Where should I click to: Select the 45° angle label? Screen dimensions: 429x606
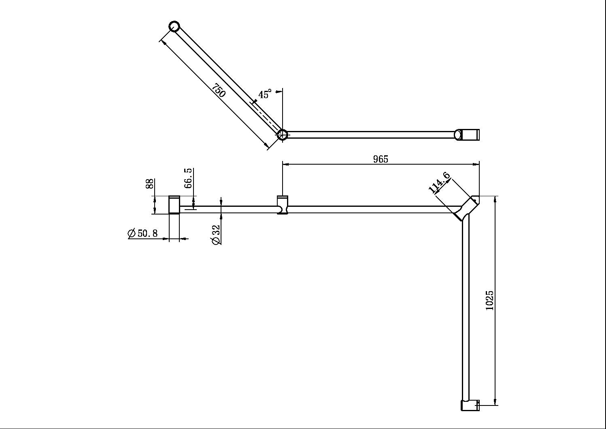click(x=265, y=94)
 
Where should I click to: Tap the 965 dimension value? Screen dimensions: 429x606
click(x=380, y=159)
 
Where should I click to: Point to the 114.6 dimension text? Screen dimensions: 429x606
click(x=439, y=182)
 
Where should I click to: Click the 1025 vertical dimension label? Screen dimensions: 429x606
click(x=489, y=300)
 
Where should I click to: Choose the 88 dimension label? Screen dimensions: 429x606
click(x=150, y=184)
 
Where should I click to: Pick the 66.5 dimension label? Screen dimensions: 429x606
click(x=188, y=178)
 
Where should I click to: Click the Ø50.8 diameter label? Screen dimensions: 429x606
click(x=142, y=234)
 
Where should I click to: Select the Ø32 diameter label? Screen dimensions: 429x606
click(x=216, y=235)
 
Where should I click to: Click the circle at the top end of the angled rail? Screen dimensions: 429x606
click(x=174, y=27)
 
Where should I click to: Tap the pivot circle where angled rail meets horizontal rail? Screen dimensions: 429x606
click(x=283, y=134)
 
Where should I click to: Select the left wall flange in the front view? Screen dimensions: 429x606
click(x=174, y=205)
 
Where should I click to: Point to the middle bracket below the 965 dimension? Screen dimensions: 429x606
click(x=283, y=205)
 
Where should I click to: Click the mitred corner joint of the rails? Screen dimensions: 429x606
click(x=467, y=207)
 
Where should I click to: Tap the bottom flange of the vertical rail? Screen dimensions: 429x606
click(x=470, y=405)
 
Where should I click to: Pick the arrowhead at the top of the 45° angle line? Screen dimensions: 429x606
click(x=279, y=92)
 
